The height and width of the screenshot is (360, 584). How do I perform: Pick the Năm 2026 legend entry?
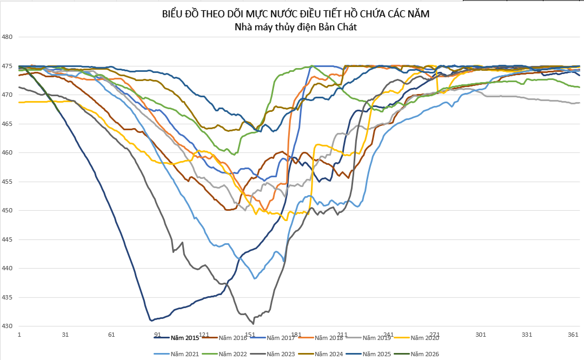424,354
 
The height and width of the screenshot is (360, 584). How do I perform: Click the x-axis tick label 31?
65,335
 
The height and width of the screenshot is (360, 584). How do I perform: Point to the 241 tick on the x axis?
388,335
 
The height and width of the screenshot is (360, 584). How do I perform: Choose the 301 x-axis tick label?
481,335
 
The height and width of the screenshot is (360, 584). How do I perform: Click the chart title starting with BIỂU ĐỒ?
296,14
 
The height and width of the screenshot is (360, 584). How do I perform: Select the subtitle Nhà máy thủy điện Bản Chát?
296,26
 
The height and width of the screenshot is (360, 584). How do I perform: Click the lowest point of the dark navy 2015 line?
151,321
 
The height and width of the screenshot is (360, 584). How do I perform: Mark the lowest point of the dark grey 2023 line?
253,324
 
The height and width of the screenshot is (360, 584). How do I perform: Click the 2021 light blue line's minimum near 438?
255,278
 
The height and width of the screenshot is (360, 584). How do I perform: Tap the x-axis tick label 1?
19,335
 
